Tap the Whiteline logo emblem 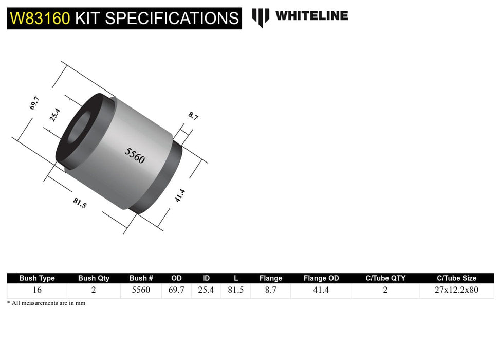(x=261, y=17)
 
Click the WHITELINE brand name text (x=311, y=16)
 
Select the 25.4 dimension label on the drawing (x=55, y=114)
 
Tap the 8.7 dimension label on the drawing (x=193, y=116)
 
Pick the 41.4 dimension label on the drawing (x=179, y=195)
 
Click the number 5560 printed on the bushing (x=135, y=155)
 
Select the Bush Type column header (x=37, y=278)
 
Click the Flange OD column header (x=321, y=278)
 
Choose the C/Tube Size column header (x=456, y=278)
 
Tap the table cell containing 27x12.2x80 (x=456, y=290)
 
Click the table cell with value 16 (x=37, y=290)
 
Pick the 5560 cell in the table (x=140, y=290)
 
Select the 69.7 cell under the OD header (x=176, y=290)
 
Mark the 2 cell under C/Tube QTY (x=385, y=290)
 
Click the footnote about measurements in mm (x=46, y=303)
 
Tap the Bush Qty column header (x=94, y=278)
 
